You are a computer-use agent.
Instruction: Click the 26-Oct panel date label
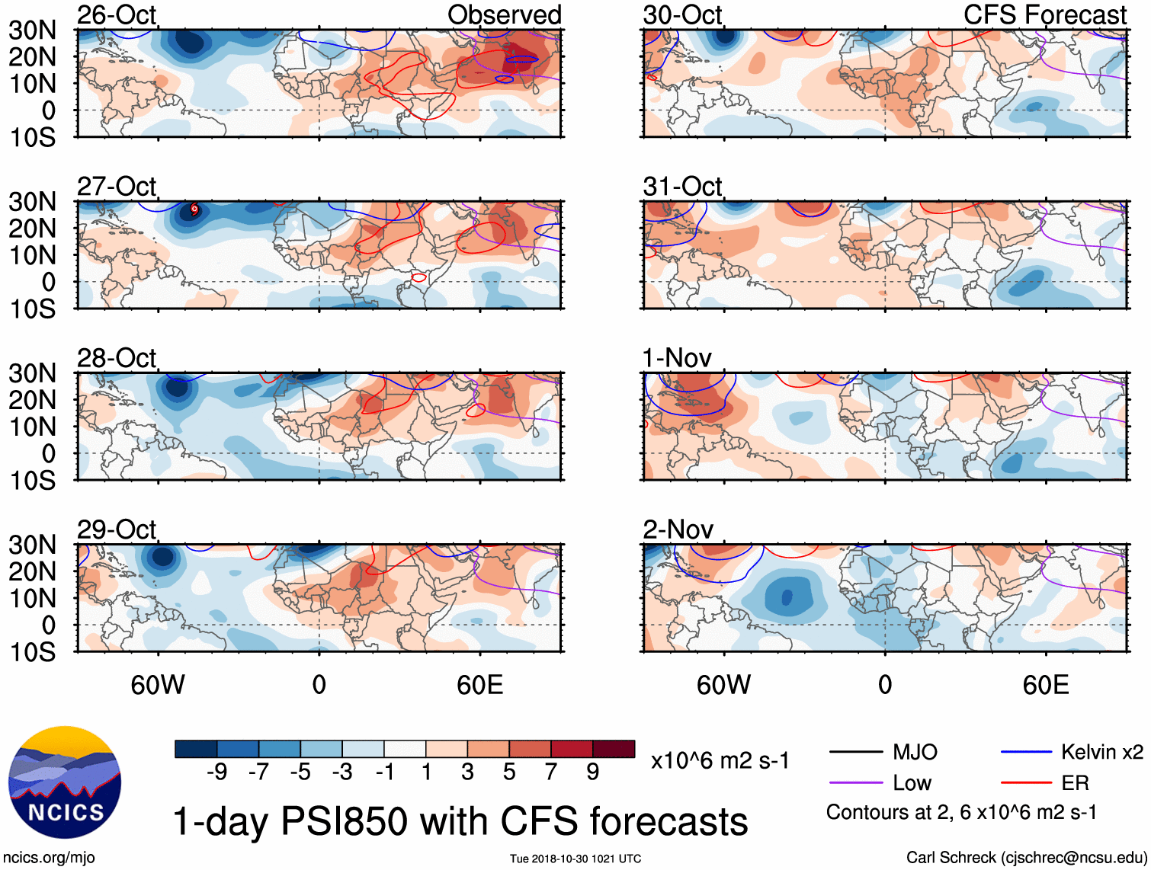click(116, 14)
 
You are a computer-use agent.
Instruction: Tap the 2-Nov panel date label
click(678, 529)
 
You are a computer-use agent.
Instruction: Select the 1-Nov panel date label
click(676, 357)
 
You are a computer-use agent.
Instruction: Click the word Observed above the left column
click(504, 14)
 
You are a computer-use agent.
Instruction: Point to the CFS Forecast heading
click(1044, 14)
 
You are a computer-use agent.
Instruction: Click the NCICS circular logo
click(65, 782)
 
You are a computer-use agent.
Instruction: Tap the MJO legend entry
click(915, 753)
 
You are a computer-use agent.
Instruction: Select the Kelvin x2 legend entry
click(1101, 753)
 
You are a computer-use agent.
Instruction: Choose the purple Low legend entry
click(912, 783)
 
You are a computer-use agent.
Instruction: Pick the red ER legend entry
click(1075, 783)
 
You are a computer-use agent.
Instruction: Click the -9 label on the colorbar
click(216, 772)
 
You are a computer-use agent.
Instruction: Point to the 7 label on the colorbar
click(551, 772)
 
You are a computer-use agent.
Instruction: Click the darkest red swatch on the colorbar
click(614, 749)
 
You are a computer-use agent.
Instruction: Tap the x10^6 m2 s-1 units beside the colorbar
click(720, 760)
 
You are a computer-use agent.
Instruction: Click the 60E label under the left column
click(479, 685)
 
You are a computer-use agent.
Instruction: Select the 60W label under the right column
click(723, 685)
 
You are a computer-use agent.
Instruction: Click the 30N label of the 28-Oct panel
click(32, 373)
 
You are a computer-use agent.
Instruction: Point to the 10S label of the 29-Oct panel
click(32, 652)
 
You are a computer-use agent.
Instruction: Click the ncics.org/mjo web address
click(49, 858)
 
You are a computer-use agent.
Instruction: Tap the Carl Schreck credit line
click(1026, 858)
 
